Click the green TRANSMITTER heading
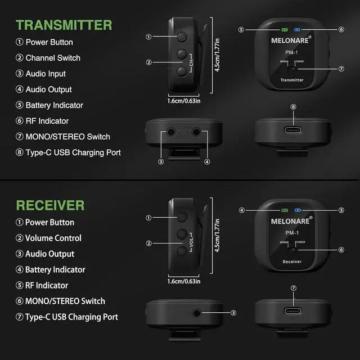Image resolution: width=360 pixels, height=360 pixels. (64, 25)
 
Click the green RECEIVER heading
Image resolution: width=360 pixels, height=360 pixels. (50, 205)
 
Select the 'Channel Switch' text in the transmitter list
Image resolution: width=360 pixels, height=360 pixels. (53, 58)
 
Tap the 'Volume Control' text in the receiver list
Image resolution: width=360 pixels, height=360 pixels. (53, 238)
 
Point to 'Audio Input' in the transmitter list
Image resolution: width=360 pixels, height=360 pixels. (46, 74)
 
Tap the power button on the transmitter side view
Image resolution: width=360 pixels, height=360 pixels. (182, 37)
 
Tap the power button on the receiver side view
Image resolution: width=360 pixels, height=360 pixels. (182, 217)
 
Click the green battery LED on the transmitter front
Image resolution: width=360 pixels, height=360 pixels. (285, 29)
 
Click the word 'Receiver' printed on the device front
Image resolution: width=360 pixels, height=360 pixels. (292, 262)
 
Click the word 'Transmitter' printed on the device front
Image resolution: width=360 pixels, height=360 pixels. (292, 80)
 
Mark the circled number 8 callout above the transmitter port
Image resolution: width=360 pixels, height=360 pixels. (293, 107)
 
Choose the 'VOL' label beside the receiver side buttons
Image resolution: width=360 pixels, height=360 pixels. (191, 244)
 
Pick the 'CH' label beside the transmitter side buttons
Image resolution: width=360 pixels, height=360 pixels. (191, 63)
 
